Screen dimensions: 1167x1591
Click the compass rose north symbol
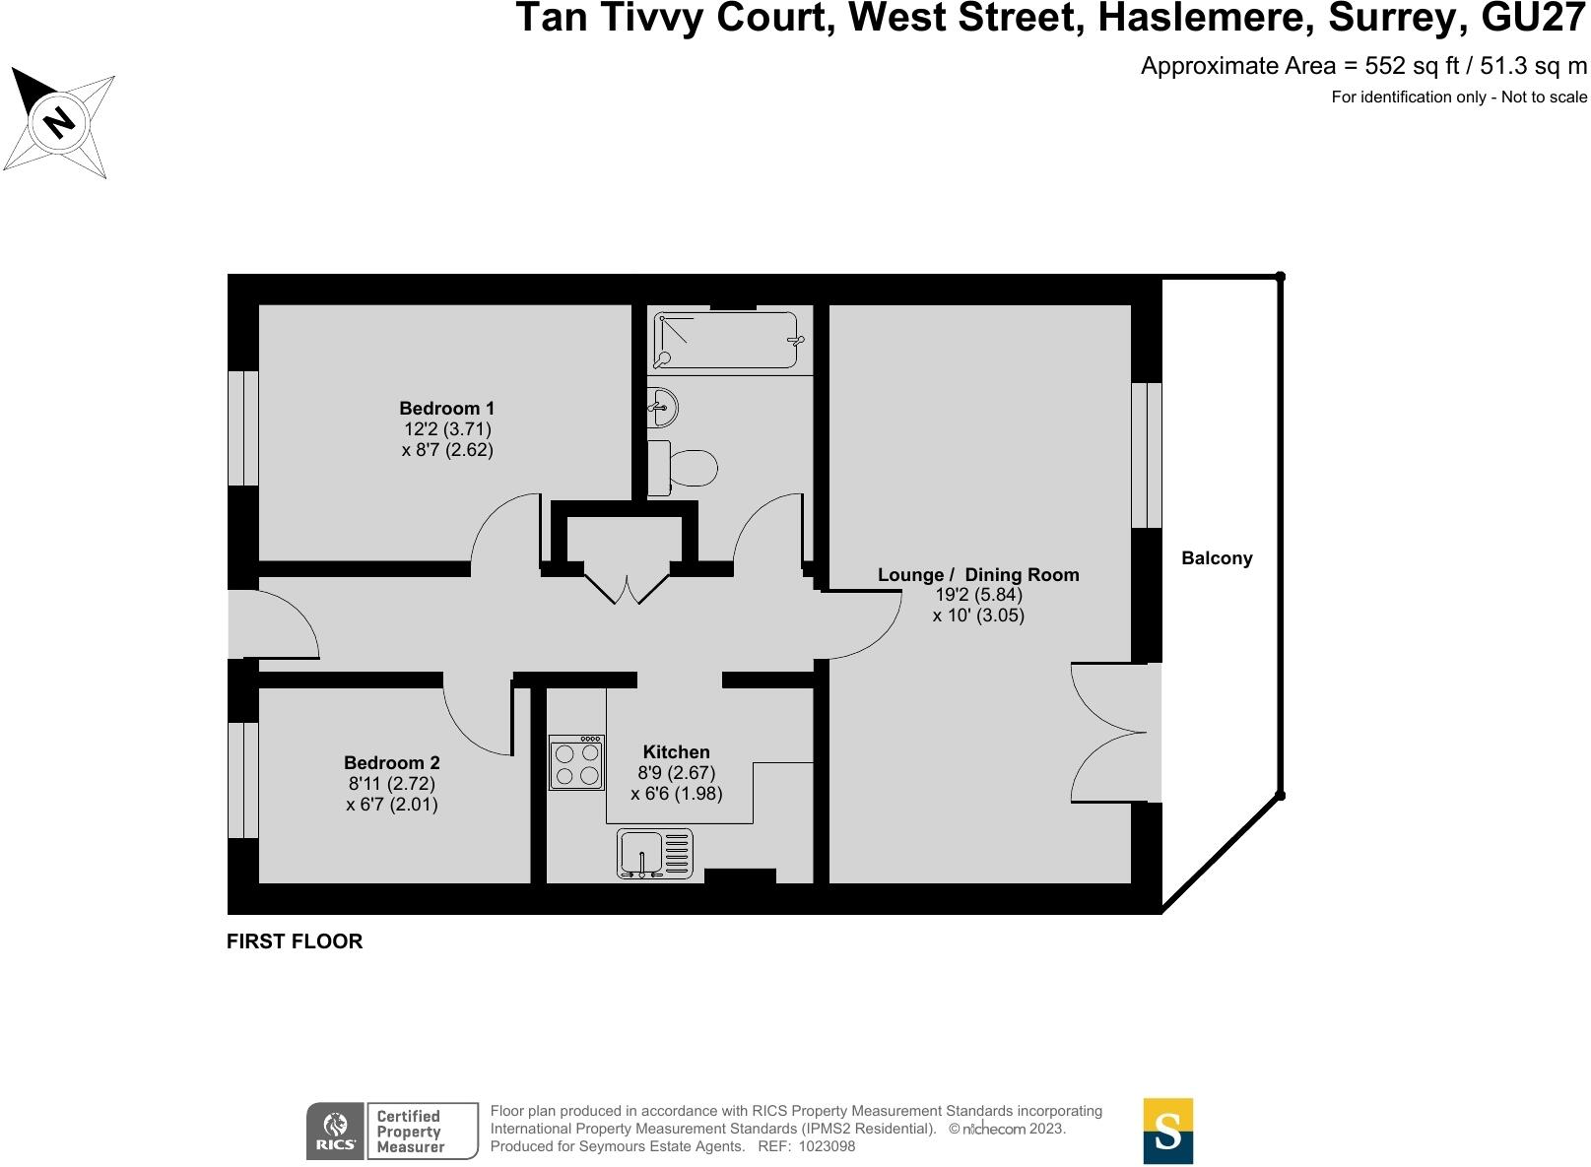[x=59, y=122]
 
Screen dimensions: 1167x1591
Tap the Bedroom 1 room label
[x=447, y=408]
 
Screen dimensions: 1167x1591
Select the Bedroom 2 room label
[x=392, y=762]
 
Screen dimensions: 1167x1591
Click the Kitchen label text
[x=676, y=751]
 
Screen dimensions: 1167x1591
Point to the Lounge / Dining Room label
[x=978, y=574]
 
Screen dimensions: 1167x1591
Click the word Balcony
[x=1217, y=557]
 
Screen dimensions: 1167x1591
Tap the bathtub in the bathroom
[x=725, y=341]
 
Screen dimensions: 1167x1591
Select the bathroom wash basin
[x=661, y=407]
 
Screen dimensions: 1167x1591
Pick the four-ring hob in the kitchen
[x=577, y=763]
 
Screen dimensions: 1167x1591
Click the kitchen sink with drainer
[x=655, y=853]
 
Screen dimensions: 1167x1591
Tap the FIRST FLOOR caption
[x=295, y=940]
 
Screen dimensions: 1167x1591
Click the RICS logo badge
[x=335, y=1131]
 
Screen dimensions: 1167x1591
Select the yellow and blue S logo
[x=1167, y=1131]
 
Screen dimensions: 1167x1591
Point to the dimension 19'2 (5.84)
[x=978, y=595]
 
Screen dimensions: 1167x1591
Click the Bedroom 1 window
[x=243, y=428]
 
